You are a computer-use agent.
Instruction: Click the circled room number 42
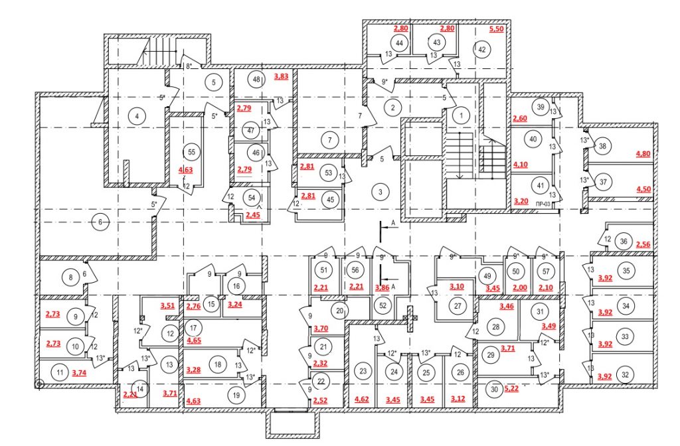click(482, 49)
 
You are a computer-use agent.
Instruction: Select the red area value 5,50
click(496, 29)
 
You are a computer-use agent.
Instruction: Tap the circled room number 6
click(100, 222)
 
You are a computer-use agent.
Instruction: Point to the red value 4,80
click(643, 153)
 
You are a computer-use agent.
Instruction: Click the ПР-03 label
click(543, 204)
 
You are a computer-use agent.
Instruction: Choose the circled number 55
click(192, 152)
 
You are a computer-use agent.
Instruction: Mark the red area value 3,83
click(281, 76)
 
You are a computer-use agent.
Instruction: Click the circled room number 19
click(236, 395)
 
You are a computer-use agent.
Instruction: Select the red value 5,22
click(511, 388)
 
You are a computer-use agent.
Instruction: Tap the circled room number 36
click(624, 242)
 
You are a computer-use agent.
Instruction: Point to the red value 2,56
click(643, 244)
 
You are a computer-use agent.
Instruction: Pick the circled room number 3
click(381, 192)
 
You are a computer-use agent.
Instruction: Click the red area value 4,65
click(194, 340)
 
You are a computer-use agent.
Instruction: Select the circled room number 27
click(458, 305)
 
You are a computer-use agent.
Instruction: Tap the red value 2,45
click(253, 214)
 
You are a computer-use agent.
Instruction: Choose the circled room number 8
click(70, 277)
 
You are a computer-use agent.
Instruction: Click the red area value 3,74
click(79, 372)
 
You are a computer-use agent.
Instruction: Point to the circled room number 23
click(363, 370)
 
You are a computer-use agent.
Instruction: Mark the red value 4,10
click(521, 165)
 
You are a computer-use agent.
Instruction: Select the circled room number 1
click(461, 115)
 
